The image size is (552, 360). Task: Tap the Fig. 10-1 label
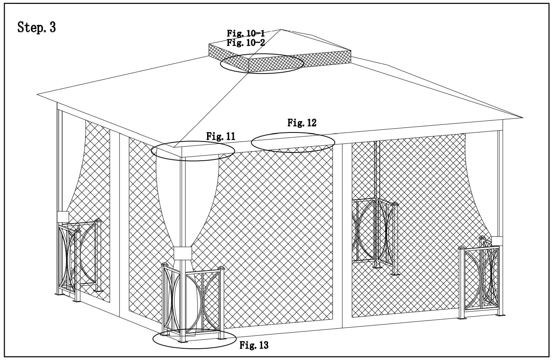(x=246, y=34)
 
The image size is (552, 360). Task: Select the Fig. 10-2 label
(x=246, y=43)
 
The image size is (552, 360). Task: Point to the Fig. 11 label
(x=221, y=136)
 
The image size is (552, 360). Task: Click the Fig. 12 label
(x=302, y=123)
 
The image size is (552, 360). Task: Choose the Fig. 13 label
(x=254, y=345)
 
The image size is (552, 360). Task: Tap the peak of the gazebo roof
(x=280, y=29)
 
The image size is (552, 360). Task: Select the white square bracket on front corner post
(x=182, y=253)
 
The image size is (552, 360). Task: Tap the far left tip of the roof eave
(x=38, y=94)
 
